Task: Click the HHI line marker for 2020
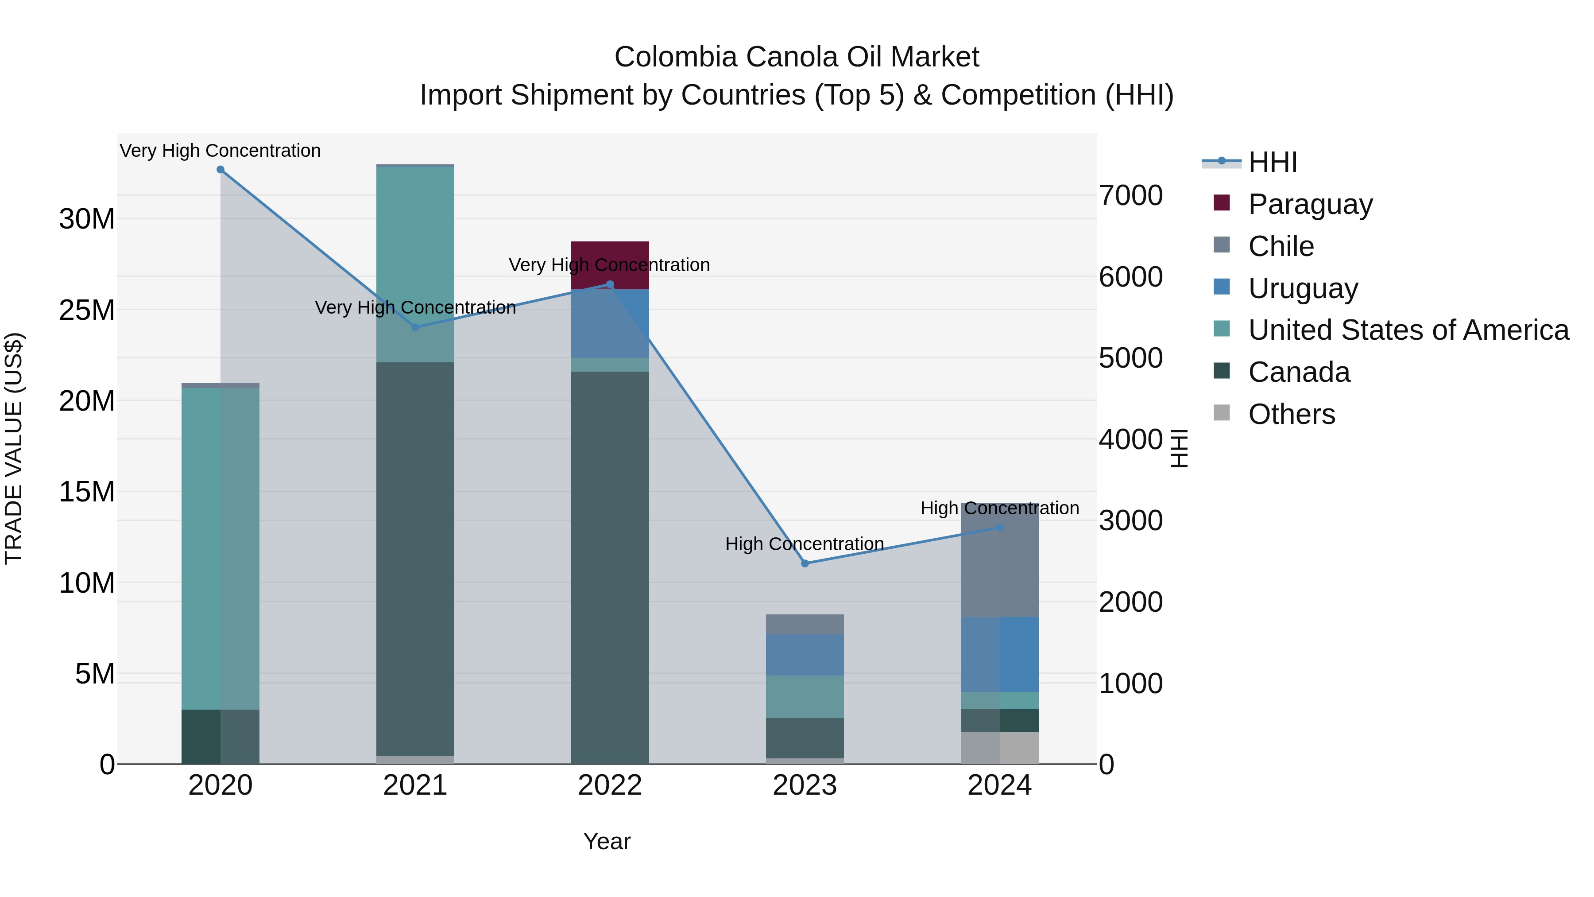pyautogui.click(x=221, y=170)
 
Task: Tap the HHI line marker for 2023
pyautogui.click(x=805, y=563)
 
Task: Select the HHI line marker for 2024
pyautogui.click(x=999, y=528)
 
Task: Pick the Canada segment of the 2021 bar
pyautogui.click(x=415, y=557)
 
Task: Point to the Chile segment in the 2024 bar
pyautogui.click(x=999, y=570)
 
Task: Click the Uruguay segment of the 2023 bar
pyautogui.click(x=805, y=655)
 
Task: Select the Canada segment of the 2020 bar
pyautogui.click(x=221, y=737)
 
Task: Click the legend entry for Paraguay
pyautogui.click(x=1310, y=204)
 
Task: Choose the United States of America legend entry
pyautogui.click(x=1408, y=330)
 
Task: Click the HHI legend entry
pyautogui.click(x=1272, y=162)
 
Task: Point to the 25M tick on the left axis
pyautogui.click(x=87, y=310)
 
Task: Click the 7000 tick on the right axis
pyautogui.click(x=1130, y=196)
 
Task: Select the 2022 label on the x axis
pyautogui.click(x=610, y=785)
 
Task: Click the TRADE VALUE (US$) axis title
pyautogui.click(x=14, y=448)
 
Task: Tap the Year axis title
pyautogui.click(x=607, y=841)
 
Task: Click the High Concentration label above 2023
pyautogui.click(x=805, y=544)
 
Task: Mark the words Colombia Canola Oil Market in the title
pyautogui.click(x=797, y=57)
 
